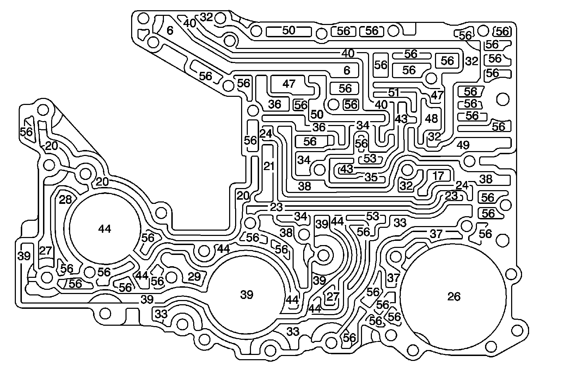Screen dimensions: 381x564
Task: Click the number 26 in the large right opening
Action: click(454, 296)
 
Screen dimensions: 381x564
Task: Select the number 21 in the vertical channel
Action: click(269, 166)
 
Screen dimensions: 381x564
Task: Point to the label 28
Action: click(66, 199)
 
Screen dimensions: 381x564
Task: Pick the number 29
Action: click(194, 276)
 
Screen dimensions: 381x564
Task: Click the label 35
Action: click(371, 177)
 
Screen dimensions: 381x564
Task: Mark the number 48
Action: click(431, 118)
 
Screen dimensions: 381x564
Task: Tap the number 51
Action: click(393, 93)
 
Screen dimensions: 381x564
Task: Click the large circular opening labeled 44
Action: click(104, 229)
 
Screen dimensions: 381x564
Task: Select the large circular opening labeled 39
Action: click(246, 294)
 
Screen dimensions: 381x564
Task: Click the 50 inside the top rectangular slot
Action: click(288, 31)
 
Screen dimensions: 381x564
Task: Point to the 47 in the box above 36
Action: click(289, 84)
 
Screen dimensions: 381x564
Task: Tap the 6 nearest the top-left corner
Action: click(170, 31)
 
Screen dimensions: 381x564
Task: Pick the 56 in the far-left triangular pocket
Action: click(26, 131)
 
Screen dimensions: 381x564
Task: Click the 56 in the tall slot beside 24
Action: click(250, 140)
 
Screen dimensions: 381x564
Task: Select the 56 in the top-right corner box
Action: click(502, 31)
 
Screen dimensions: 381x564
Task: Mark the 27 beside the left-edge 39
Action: click(45, 250)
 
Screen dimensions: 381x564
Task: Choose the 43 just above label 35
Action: click(346, 169)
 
